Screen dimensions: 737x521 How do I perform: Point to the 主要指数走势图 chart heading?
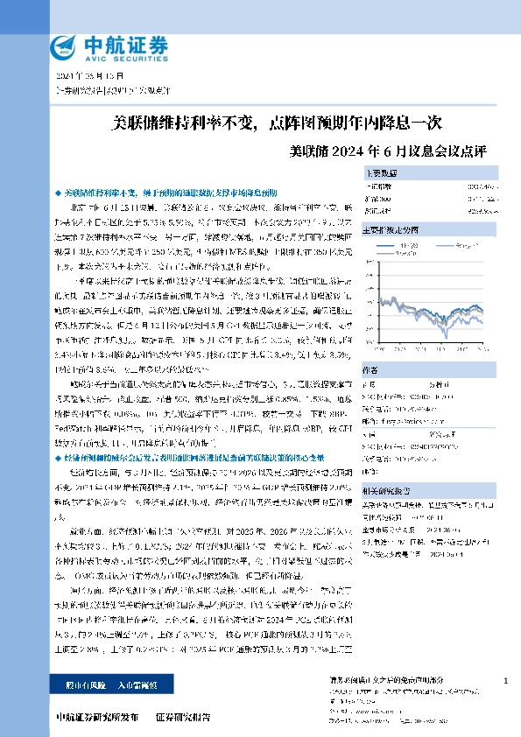395,230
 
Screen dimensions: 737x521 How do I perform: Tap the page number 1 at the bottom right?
505,680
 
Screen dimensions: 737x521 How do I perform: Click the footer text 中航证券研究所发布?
97,717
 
